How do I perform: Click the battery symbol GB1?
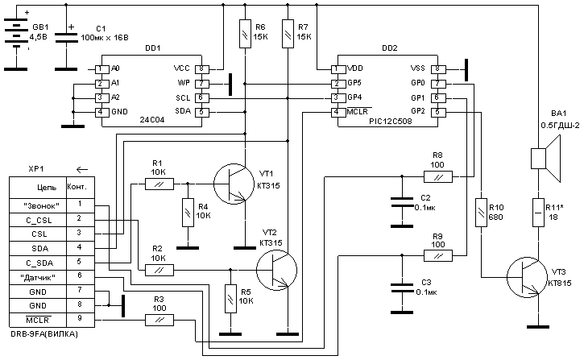coord(15,33)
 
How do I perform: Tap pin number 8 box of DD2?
coord(437,69)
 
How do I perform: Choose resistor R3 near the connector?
coord(159,321)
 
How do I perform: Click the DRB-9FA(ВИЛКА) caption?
coord(45,333)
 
